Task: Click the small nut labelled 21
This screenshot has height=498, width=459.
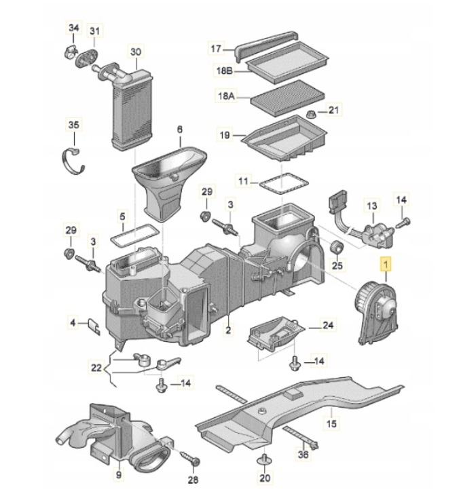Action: click(x=310, y=113)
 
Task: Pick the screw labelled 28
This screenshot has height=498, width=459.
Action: click(x=193, y=461)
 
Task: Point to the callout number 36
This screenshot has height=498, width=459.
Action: click(x=303, y=455)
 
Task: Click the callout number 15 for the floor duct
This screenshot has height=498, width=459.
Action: click(x=331, y=424)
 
